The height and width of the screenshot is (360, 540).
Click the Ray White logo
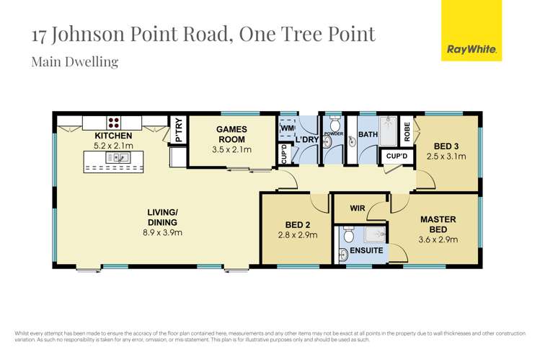pos(471,30)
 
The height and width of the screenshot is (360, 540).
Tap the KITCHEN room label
pos(114,135)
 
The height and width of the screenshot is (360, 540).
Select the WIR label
pos(358,209)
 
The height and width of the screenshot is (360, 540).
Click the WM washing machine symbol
pos(287,128)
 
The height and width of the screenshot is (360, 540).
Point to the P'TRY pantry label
pos(178,131)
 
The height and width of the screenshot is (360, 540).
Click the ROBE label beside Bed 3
pos(407,131)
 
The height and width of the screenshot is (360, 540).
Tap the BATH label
pos(368,134)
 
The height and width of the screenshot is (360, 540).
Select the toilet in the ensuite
pos(349,235)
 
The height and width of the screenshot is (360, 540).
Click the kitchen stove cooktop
pos(114,121)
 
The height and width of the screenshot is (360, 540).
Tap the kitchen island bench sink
pos(114,157)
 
